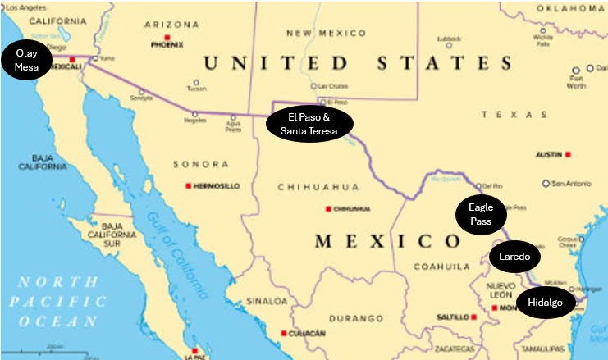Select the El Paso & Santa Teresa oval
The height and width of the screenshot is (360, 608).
click(311, 124)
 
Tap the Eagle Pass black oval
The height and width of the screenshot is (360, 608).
click(480, 215)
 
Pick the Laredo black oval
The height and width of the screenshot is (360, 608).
click(515, 257)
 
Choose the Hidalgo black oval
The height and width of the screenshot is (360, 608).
click(546, 303)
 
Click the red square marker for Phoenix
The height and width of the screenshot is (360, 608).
click(167, 38)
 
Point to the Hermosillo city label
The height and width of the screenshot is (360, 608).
click(217, 186)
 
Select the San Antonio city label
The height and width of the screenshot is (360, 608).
click(573, 183)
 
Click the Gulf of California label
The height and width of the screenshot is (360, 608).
click(174, 246)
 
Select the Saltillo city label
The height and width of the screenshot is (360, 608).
click(452, 317)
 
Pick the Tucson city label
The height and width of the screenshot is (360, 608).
click(196, 90)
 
